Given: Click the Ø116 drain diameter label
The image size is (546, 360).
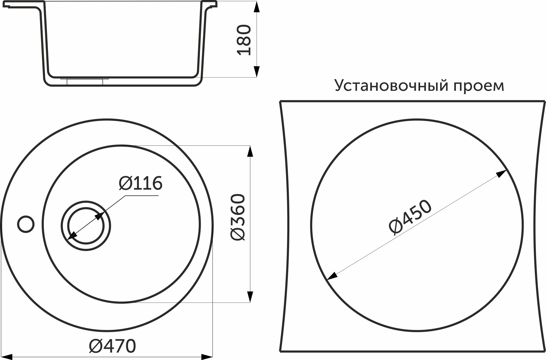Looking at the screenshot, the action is (140, 183).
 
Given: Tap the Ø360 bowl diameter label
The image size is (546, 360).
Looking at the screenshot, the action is (238, 217).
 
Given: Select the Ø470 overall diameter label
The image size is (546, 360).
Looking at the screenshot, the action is (112, 346).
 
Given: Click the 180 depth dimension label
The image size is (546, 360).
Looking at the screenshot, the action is (244, 40).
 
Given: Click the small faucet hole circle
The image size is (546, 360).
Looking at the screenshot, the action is (26, 224).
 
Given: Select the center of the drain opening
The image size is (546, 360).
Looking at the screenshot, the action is (86, 226).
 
